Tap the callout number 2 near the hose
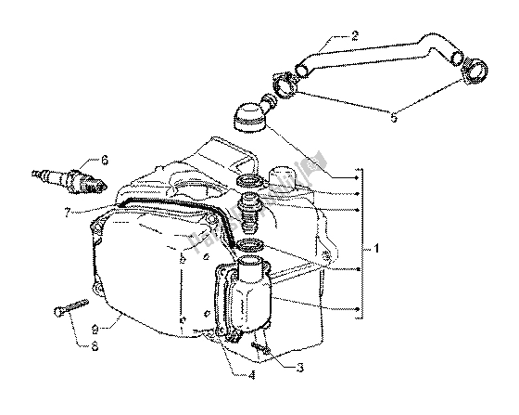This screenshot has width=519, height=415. (x=355, y=38)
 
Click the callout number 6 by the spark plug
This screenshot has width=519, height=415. (x=105, y=160)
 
